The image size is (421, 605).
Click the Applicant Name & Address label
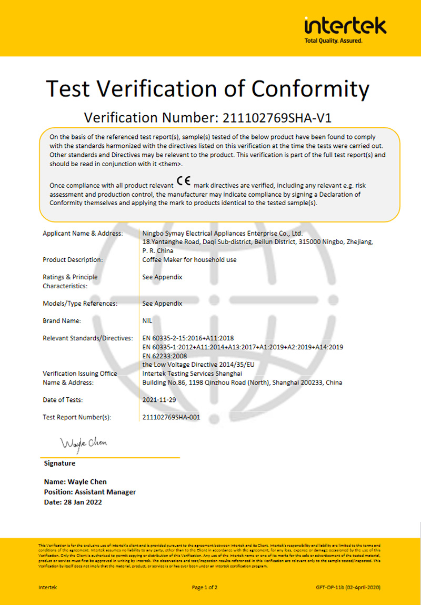[x=83, y=233]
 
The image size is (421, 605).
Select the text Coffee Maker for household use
[x=189, y=259]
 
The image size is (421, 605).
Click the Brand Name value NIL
[x=147, y=320]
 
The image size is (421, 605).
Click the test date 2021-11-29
[x=159, y=400]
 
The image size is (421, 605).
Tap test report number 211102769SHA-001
[x=171, y=417]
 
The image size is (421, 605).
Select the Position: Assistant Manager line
[x=90, y=492]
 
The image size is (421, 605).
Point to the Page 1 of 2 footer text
[x=205, y=587]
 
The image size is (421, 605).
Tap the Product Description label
[x=73, y=259]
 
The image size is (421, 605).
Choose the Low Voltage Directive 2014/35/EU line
[x=198, y=364]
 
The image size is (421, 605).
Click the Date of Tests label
[x=63, y=400]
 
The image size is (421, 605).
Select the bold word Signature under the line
[x=59, y=463]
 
